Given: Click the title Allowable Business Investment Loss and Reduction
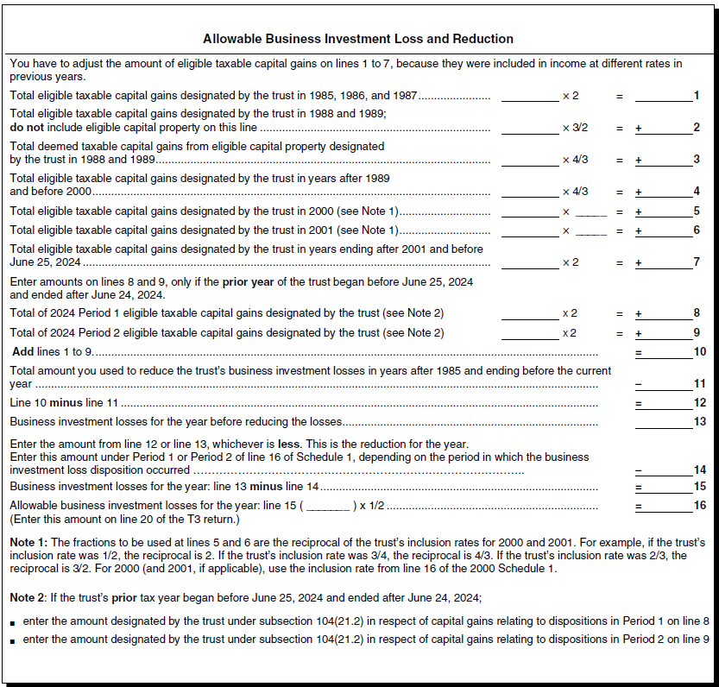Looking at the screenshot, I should pos(358,39).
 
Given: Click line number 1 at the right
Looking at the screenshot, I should pos(697,95).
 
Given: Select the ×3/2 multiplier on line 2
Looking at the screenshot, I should pos(575,128).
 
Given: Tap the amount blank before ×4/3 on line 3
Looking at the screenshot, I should pos(529,160).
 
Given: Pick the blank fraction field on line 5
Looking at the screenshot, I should pos(591,211).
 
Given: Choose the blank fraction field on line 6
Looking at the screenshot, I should pos(591,230).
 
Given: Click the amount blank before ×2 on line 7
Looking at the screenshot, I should pos(529,262).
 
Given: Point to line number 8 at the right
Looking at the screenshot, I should pos(697,312).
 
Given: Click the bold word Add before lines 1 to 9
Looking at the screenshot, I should pos(23,352).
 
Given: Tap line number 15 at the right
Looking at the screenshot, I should pos(699,487).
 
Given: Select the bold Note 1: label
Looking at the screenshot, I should pos(29,542).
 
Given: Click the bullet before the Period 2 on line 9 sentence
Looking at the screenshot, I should pos(13,640).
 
